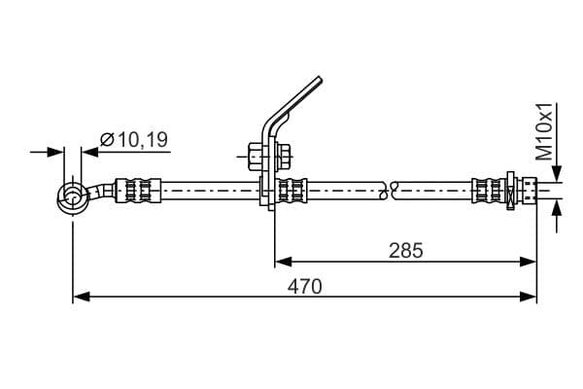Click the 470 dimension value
pyautogui.click(x=304, y=287)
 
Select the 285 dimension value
pyautogui.click(x=405, y=251)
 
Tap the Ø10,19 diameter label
pyautogui.click(x=134, y=140)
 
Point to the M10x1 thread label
pyautogui.click(x=545, y=131)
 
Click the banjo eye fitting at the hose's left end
pyautogui.click(x=73, y=197)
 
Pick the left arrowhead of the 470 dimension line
pyautogui.click(x=82, y=297)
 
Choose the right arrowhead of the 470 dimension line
pyautogui.click(x=528, y=297)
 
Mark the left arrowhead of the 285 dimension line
pyautogui.click(x=284, y=262)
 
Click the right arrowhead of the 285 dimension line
pyautogui.click(x=528, y=262)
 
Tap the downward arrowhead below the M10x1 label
pyautogui.click(x=556, y=173)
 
